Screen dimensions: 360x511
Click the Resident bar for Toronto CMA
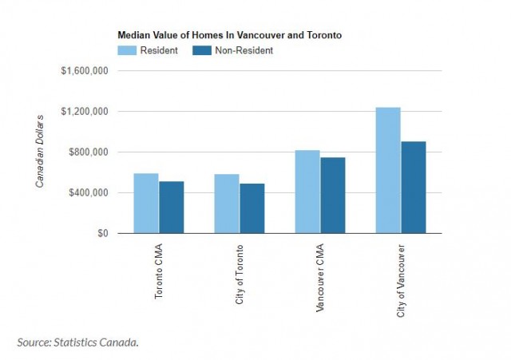click(x=146, y=204)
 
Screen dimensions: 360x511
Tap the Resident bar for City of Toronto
click(x=227, y=204)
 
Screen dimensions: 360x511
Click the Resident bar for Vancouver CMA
click(x=307, y=192)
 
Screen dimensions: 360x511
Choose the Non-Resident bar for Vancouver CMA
click(x=333, y=196)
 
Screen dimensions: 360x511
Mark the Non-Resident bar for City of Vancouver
click(x=414, y=188)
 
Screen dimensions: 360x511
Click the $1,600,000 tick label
click(x=85, y=71)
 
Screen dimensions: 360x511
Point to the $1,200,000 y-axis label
click(x=85, y=112)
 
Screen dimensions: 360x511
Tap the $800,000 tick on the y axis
click(x=89, y=152)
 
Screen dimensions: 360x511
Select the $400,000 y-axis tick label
click(x=89, y=193)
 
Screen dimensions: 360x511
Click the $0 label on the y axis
click(x=102, y=234)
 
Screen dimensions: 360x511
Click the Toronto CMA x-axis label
click(x=159, y=272)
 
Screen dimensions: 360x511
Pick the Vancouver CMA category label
click(x=320, y=276)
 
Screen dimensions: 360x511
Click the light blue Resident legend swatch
click(x=128, y=50)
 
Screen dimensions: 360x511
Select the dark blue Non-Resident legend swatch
click(x=203, y=50)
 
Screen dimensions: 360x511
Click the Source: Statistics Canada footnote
click(x=78, y=342)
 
